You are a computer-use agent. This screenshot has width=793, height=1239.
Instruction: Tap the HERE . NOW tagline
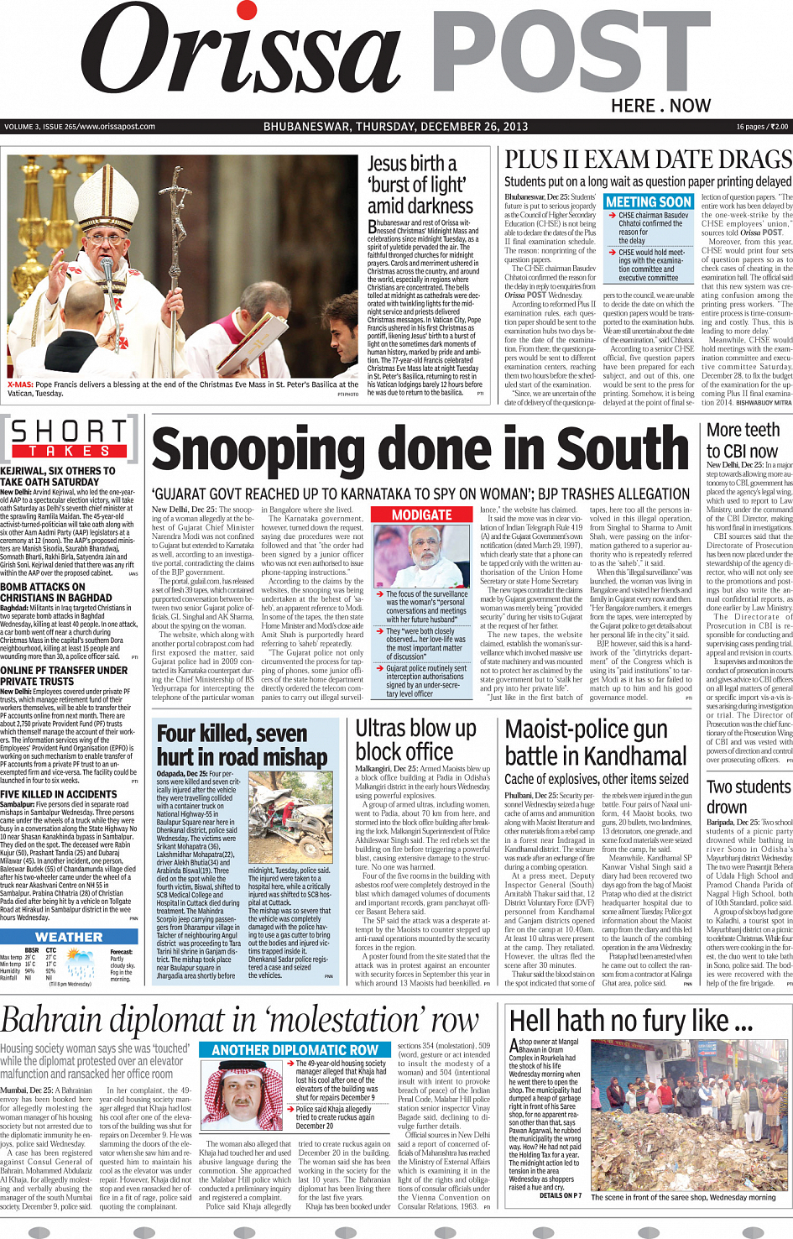(660, 106)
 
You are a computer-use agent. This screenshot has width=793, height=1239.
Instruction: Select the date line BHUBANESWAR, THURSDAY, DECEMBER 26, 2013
(395, 127)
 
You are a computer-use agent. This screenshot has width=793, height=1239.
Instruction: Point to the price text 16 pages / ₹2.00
(762, 127)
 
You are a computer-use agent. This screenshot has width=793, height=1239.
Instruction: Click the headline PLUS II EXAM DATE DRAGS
(648, 160)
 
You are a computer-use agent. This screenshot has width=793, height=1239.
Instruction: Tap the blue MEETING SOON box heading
(648, 202)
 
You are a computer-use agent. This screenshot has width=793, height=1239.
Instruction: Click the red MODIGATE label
(422, 515)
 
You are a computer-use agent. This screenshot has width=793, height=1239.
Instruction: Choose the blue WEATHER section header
(69, 937)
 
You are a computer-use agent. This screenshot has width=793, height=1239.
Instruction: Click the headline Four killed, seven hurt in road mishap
(242, 745)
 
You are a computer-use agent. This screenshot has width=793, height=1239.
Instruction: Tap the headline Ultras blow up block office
(415, 740)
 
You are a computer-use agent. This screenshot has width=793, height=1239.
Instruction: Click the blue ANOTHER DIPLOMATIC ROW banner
(295, 1049)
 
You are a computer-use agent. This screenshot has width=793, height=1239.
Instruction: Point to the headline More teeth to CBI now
(743, 440)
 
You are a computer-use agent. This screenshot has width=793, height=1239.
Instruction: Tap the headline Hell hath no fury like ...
(631, 1021)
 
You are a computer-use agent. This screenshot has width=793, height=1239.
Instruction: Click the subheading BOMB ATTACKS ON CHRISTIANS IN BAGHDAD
(55, 593)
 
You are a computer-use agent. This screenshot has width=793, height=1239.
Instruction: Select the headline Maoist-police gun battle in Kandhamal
(596, 742)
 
